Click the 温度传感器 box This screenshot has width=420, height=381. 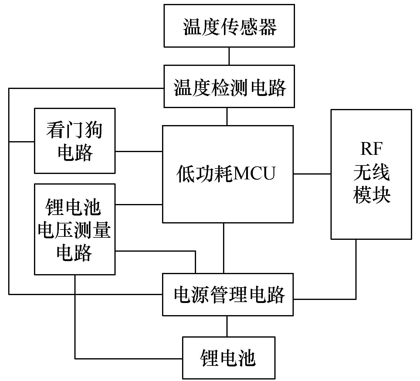point(229,26)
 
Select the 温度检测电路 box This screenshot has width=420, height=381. point(229,87)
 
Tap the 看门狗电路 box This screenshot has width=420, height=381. point(75,141)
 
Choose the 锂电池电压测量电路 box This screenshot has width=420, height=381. point(75,230)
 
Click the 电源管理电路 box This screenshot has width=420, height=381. point(228,294)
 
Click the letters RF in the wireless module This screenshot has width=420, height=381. point(371,149)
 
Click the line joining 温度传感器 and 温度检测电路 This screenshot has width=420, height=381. point(229,56)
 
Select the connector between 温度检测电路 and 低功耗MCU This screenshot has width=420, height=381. point(227,117)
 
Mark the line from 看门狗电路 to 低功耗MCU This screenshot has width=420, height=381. point(139,151)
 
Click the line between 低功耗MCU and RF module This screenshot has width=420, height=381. point(312,174)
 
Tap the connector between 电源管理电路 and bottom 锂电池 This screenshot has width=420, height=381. point(227,326)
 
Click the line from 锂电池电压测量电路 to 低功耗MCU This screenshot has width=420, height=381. point(139,205)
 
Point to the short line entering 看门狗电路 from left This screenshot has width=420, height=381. point(22,142)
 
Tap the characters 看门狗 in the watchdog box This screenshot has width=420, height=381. point(75,130)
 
